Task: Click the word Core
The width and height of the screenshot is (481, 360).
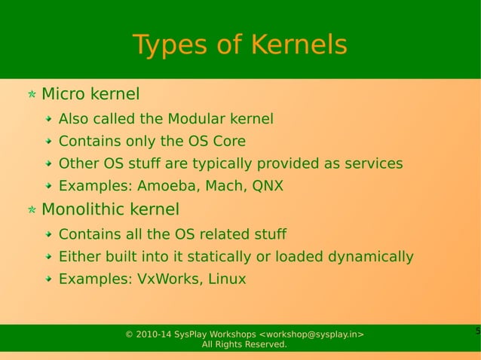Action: click(x=228, y=141)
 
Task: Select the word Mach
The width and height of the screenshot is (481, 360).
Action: click(x=224, y=186)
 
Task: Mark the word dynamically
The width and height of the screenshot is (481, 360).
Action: click(x=370, y=257)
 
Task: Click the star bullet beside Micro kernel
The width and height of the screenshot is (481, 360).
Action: click(x=31, y=96)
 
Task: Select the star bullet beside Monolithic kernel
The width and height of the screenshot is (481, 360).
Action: click(x=31, y=210)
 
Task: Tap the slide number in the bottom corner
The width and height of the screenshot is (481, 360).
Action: click(x=476, y=331)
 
